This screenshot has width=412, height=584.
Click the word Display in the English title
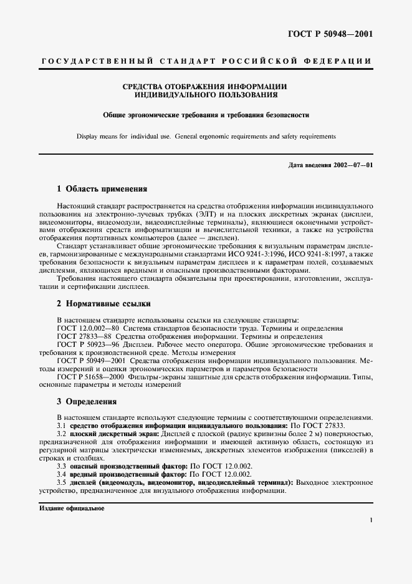[88, 135]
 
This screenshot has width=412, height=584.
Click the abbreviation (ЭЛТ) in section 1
[206, 213]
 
